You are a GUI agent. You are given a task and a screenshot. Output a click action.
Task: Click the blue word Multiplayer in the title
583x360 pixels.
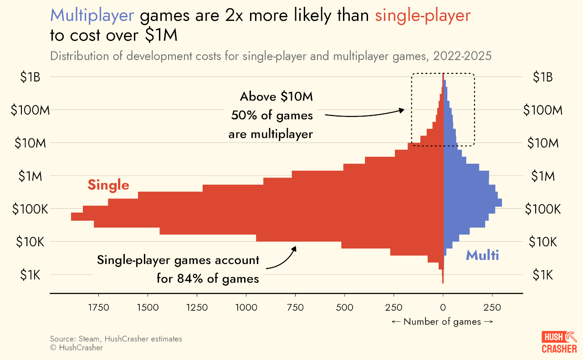coord(92,16)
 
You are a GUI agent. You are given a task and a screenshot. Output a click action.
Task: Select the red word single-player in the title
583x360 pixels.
coord(423,16)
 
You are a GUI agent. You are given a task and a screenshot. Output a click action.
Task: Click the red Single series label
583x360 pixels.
coord(108,185)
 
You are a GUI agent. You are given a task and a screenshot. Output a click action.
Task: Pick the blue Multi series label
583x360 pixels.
coord(482,255)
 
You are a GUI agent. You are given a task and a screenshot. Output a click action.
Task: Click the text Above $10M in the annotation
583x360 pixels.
coord(276,96)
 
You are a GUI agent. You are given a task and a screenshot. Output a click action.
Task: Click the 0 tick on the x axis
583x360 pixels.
coord(443,307)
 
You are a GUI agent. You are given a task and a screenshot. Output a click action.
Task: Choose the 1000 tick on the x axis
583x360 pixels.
coord(246,307)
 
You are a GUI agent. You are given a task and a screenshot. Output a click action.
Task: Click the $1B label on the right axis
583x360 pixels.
coord(542,77)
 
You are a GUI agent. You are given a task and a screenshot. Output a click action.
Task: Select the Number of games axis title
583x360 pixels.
coord(442,322)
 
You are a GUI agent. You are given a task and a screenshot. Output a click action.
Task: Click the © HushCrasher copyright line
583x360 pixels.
coord(77,348)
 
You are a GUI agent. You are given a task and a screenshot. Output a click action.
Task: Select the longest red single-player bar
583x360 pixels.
coord(257,217)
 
